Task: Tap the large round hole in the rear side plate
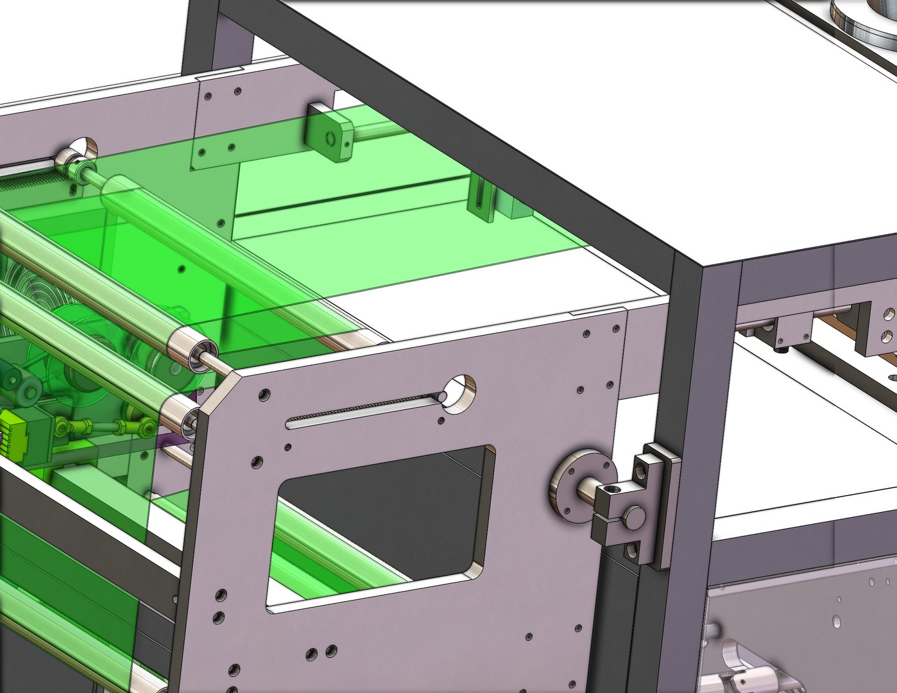81,150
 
